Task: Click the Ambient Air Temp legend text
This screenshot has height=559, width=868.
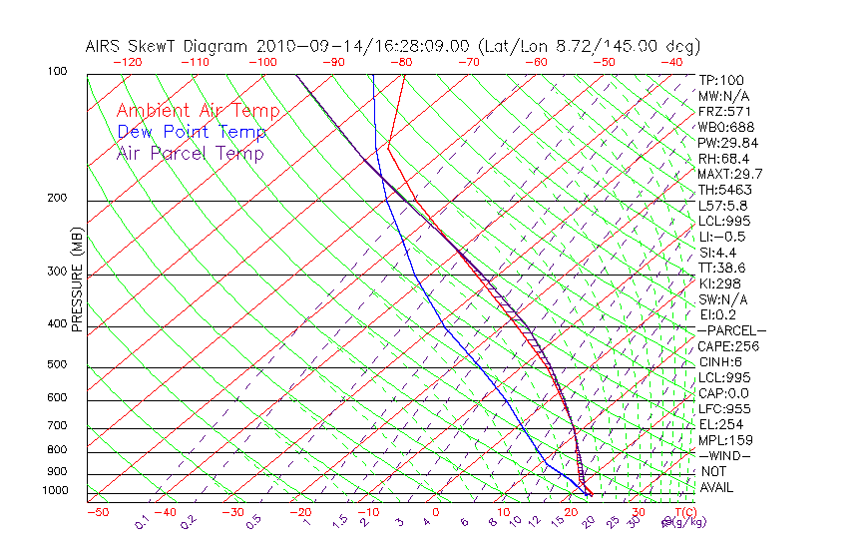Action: (x=198, y=111)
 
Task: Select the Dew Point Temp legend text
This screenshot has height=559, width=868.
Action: (x=192, y=132)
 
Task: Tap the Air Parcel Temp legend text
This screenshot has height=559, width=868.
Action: (x=190, y=153)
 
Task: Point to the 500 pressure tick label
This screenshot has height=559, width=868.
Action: (x=58, y=364)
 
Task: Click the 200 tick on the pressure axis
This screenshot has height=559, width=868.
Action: (x=58, y=198)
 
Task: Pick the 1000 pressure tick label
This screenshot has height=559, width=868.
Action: (x=55, y=490)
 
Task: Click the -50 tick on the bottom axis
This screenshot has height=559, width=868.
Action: (x=97, y=512)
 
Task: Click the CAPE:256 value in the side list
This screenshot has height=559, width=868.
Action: (x=728, y=346)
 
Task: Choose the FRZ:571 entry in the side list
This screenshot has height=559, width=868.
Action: (x=725, y=112)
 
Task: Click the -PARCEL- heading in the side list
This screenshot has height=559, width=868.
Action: (x=731, y=330)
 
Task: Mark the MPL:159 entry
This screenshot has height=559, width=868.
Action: (x=725, y=440)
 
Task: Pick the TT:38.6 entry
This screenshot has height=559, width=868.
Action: (x=723, y=268)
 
